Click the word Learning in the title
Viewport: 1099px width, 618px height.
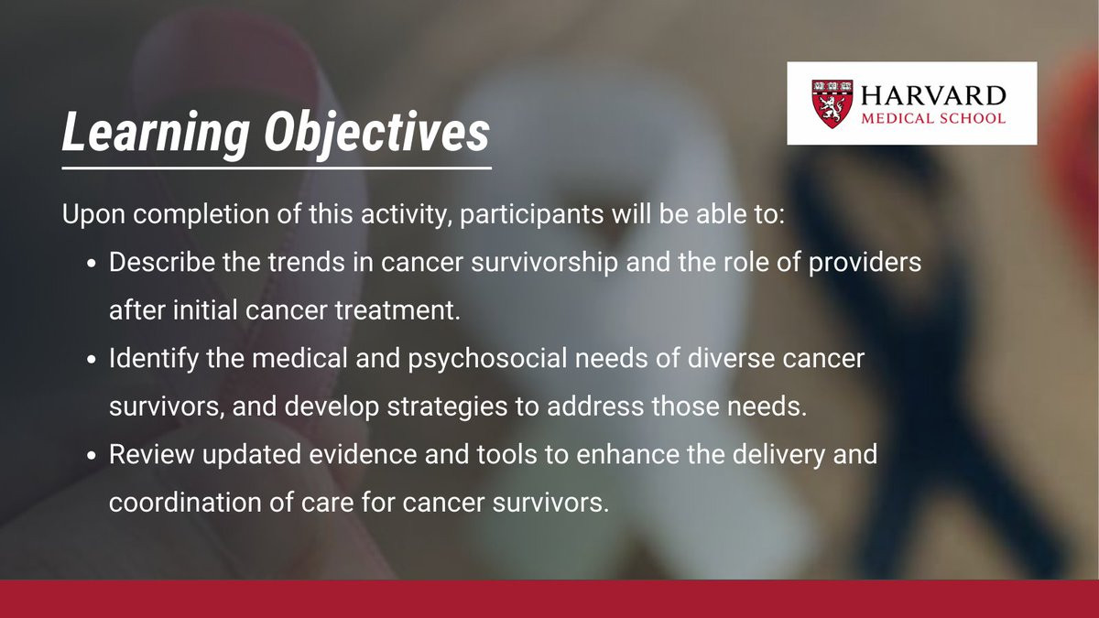pos(156,133)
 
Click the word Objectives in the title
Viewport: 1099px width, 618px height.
pos(376,133)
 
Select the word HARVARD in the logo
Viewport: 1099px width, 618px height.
pos(933,95)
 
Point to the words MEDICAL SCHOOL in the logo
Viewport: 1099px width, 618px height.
pos(933,118)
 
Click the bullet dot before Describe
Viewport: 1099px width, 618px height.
pos(92,264)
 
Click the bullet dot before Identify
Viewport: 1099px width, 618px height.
pos(92,360)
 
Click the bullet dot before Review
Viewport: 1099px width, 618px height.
pos(92,456)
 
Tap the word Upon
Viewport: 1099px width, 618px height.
pos(93,215)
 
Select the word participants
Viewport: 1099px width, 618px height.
pos(531,215)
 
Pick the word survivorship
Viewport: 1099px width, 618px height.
pos(544,263)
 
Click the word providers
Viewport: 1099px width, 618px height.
pos(865,263)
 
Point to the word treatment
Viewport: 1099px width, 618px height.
pos(397,310)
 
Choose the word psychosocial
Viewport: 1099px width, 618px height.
pos(487,359)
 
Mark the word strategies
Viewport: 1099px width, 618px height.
pos(447,407)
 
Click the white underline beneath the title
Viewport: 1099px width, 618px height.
pos(277,168)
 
